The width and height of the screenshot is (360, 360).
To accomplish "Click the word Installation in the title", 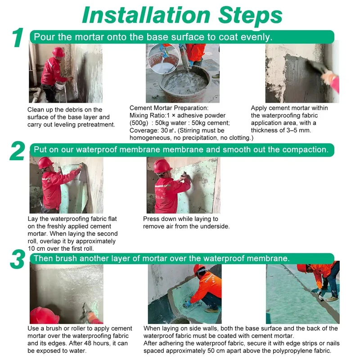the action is (146, 15).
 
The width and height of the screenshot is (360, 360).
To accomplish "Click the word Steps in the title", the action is (250, 17).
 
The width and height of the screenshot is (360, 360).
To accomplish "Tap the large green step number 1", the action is (18, 37).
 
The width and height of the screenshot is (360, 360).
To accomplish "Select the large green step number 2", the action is (17, 151).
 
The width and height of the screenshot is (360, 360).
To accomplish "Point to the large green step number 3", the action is (17, 260).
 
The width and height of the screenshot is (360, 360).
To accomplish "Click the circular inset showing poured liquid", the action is (163, 59).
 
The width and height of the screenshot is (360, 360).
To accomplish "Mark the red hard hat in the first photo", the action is (58, 52).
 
